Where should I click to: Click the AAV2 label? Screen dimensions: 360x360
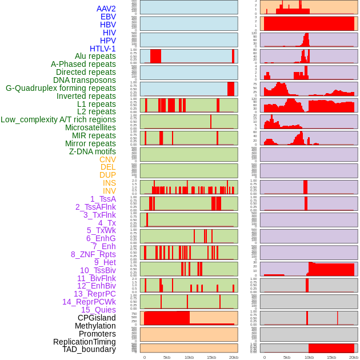(x=106, y=9)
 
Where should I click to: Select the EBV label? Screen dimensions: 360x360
(x=108, y=17)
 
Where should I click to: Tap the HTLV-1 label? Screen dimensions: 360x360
(x=102, y=49)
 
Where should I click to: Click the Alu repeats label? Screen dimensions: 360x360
(x=95, y=57)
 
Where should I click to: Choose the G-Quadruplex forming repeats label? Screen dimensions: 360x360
(x=61, y=88)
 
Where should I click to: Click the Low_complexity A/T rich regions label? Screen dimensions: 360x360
(x=58, y=119)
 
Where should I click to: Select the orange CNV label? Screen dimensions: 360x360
(x=107, y=159)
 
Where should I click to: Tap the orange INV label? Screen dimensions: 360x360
(x=109, y=191)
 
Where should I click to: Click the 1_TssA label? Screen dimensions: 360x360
(x=103, y=199)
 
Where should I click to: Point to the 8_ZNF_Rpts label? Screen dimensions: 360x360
(x=93, y=254)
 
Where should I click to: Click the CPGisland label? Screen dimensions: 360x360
(x=97, y=318)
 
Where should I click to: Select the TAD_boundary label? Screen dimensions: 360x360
(x=89, y=349)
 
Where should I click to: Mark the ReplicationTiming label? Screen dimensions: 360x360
(x=84, y=342)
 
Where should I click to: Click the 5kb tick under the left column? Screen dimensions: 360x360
(x=167, y=357)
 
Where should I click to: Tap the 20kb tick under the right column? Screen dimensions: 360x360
(x=354, y=357)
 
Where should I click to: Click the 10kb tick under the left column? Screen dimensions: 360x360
(x=189, y=357)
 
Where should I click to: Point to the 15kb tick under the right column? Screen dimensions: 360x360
(x=331, y=357)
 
